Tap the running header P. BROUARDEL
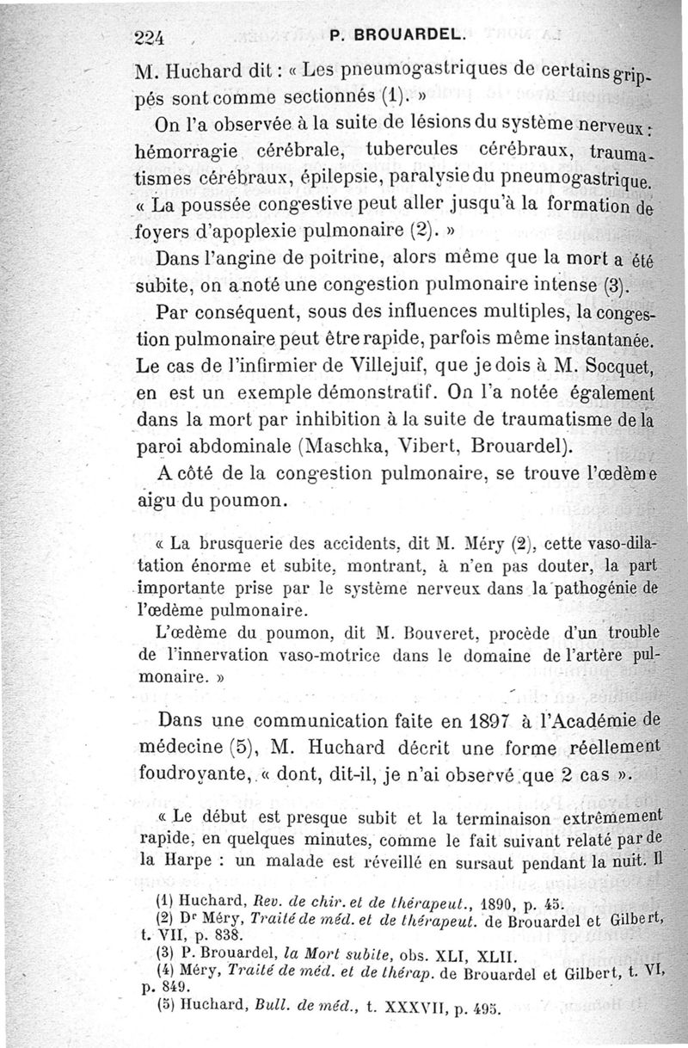pos(396,36)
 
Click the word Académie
pos(593,720)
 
